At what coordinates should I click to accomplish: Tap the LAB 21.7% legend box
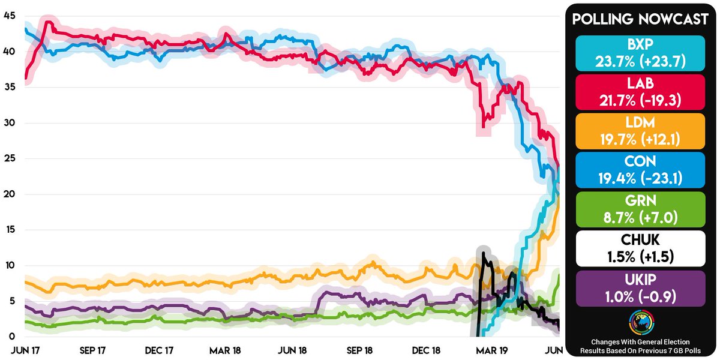[640, 92]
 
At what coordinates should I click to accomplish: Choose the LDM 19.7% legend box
[640, 131]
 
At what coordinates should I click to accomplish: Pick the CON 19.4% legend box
[640, 170]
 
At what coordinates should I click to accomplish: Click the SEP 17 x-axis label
[92, 349]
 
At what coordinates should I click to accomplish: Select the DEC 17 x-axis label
[160, 349]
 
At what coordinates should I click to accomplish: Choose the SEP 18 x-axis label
[360, 349]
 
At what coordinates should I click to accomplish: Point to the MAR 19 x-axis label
[494, 349]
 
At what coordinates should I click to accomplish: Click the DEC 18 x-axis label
[427, 349]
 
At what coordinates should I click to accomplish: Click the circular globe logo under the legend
[640, 322]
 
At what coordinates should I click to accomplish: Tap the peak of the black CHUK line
[483, 253]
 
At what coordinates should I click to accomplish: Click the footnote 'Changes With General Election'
[640, 341]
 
